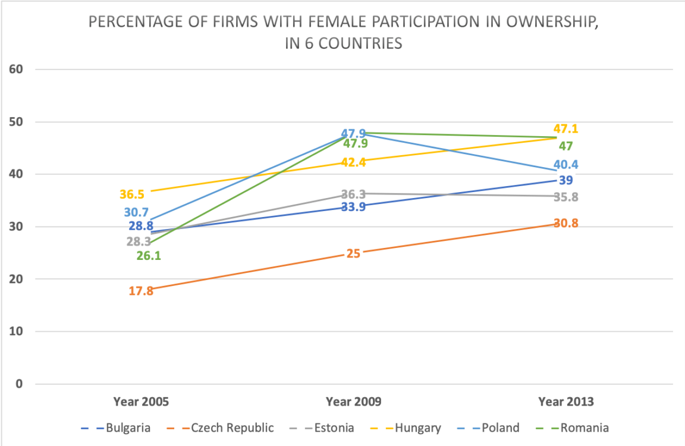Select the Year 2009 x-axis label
pyautogui.click(x=353, y=402)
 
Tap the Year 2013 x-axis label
pyautogui.click(x=565, y=402)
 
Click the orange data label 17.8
pyautogui.click(x=141, y=291)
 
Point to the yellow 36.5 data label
pyautogui.click(x=132, y=194)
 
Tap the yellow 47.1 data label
pyautogui.click(x=565, y=129)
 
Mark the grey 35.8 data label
pyautogui.click(x=565, y=197)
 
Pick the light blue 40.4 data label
pyautogui.click(x=565, y=165)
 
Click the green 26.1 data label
pyautogui.click(x=149, y=256)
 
